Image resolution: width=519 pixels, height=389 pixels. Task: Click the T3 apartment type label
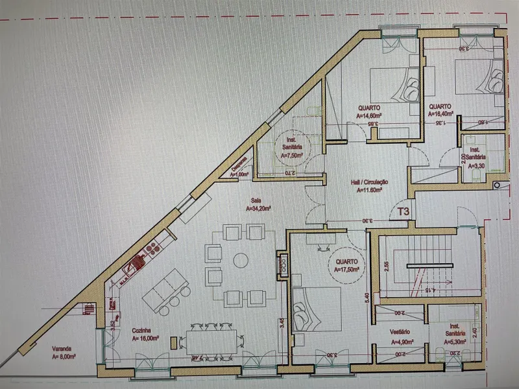[404, 211]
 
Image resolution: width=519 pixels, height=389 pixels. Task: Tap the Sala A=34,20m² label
[258, 206]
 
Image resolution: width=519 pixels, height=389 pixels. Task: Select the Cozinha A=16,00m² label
[146, 334]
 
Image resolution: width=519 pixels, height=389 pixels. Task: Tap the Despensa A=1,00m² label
[241, 169]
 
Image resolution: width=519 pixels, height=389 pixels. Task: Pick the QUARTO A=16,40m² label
[440, 111]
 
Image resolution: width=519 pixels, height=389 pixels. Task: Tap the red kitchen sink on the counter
[138, 264]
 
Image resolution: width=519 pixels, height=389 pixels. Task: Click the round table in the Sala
[240, 260]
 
